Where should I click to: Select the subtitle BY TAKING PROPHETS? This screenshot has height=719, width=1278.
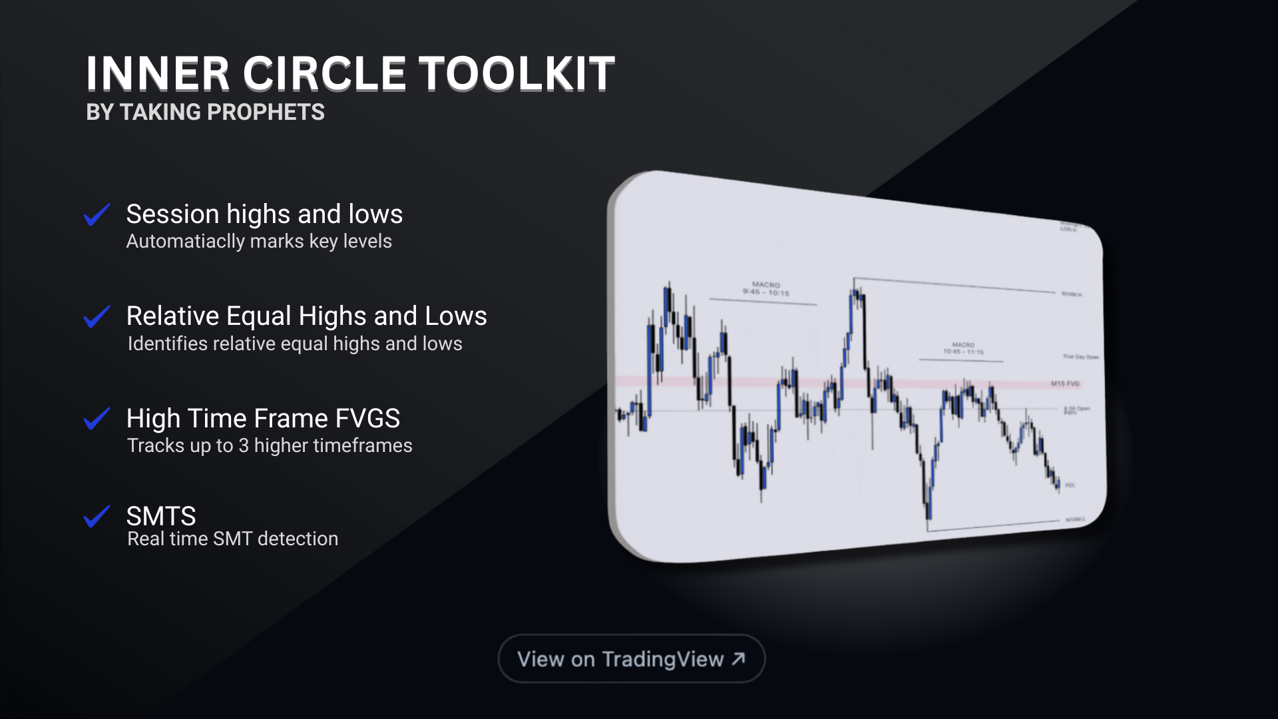205,113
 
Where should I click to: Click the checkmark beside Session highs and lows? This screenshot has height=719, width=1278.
97,215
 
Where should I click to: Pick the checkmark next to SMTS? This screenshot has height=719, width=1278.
97,517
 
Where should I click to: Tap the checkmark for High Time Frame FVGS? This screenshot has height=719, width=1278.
97,419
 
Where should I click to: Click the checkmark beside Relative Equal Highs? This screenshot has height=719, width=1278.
97,317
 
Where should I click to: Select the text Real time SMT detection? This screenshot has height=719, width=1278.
232,539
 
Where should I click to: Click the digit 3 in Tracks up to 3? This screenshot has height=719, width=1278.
243,445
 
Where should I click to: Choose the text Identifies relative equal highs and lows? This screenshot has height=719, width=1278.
294,344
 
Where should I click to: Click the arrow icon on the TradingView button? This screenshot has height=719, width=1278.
738,658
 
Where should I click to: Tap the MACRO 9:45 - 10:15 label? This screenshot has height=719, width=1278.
765,288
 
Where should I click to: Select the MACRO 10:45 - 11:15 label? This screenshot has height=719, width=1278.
963,348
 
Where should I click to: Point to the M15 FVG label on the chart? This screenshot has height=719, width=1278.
1065,383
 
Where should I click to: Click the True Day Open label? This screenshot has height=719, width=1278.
1080,357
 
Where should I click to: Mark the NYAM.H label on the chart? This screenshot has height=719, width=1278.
1071,294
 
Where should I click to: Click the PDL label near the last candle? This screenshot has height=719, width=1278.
1070,485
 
